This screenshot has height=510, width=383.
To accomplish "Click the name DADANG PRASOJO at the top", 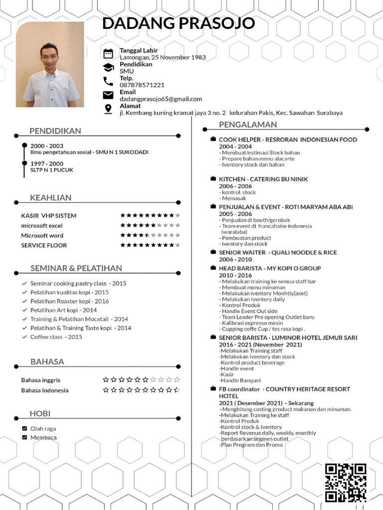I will coord(179,23).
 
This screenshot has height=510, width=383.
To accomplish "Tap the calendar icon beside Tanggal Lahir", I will coord(108,54).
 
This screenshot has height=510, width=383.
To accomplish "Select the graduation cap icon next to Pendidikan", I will coord(108,68).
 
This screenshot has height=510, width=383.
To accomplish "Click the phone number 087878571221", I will coord(142,85).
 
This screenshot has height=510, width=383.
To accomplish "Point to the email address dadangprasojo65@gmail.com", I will coord(161,99).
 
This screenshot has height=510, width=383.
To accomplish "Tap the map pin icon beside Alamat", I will coord(108,109).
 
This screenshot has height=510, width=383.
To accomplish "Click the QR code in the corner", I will coord(346,482).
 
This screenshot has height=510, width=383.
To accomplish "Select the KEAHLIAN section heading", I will coord(51,198).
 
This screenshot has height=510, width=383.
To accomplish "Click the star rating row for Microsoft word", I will coord(150,235).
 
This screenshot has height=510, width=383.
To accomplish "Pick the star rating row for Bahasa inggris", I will coord(141,380).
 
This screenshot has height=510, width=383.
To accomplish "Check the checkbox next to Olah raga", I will coord(24,428).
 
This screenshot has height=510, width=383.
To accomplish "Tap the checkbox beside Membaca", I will coord(24,437).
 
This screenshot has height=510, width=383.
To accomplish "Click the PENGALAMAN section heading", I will coord(248,125).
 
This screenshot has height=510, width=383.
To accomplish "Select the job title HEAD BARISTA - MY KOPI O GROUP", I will coord(270,268).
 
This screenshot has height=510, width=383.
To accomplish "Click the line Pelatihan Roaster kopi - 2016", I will coord(69,301).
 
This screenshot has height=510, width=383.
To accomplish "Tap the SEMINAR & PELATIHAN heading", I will coord(76,268).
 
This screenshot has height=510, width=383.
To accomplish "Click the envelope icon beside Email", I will coord(108,95).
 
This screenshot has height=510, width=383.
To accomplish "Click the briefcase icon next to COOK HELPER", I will coord(213,139).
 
